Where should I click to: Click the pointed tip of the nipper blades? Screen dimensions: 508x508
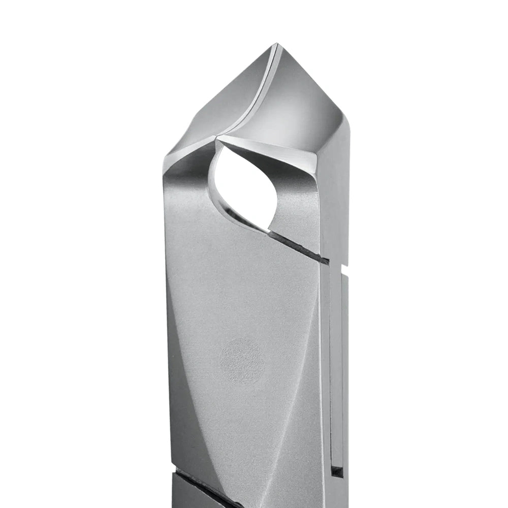click(x=276, y=46)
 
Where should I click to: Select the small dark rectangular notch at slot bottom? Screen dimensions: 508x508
click(x=337, y=470)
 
